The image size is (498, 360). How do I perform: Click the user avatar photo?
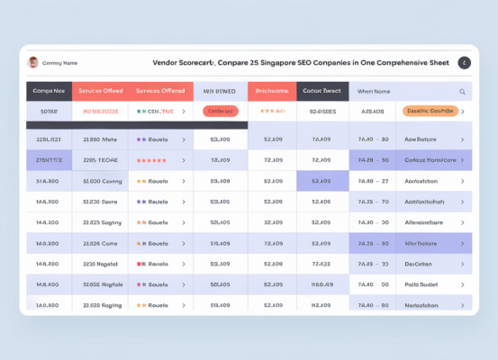(33, 63)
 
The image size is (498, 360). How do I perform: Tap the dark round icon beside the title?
(464, 63)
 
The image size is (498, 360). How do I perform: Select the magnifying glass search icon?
(462, 91)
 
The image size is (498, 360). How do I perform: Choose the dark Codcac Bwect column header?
(321, 91)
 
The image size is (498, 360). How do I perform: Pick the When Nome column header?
(373, 91)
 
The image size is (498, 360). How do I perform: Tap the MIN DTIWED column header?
(220, 91)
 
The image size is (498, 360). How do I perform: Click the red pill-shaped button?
(220, 112)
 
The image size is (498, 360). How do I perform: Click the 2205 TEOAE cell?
(101, 160)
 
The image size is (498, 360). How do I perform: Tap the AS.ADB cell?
(372, 112)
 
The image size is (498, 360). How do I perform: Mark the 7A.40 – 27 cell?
(373, 181)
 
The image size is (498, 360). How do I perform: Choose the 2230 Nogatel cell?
(101, 264)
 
